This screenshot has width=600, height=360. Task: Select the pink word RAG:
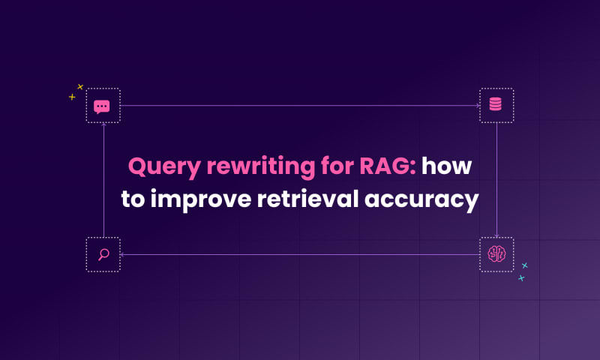(388, 166)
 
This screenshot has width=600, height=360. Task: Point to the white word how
(446, 166)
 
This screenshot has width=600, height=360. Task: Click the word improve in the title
(201, 199)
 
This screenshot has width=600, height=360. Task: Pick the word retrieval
(307, 199)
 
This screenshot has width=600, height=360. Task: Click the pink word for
(337, 165)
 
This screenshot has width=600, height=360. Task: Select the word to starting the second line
(133, 199)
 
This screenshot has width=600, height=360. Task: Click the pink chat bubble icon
(102, 106)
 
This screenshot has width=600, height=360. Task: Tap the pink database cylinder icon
(496, 104)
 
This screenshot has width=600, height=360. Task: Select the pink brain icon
(496, 254)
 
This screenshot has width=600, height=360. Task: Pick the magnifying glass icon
(103, 254)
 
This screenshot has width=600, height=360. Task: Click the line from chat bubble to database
(300, 106)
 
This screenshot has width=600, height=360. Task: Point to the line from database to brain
(496, 180)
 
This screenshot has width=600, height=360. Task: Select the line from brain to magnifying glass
(300, 254)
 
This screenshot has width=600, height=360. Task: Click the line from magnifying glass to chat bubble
(103, 180)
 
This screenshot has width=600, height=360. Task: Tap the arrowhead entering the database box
(478, 106)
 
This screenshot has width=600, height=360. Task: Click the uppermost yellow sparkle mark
(80, 87)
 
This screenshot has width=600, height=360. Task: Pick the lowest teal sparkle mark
(521, 278)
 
